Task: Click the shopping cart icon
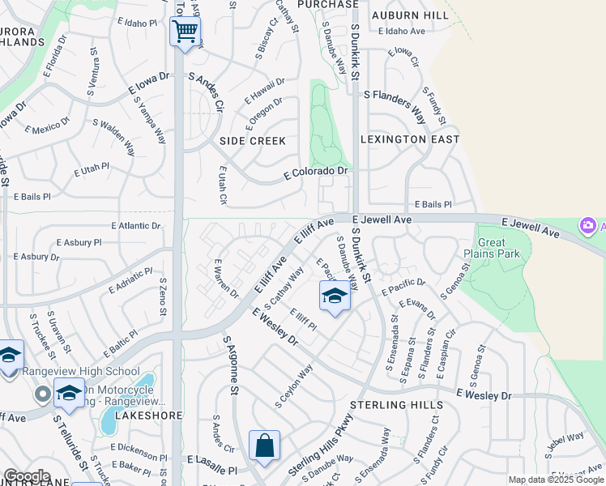coord(186,32)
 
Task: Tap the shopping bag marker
coord(264,446)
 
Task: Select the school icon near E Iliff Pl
coord(335,296)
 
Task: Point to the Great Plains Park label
coord(492,248)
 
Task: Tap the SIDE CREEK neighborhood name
coord(253,141)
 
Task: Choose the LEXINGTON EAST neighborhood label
coord(410,139)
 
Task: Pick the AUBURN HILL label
coord(410,15)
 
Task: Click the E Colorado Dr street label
coord(315,173)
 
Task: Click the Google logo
coord(27,476)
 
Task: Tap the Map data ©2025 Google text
coord(556,480)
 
